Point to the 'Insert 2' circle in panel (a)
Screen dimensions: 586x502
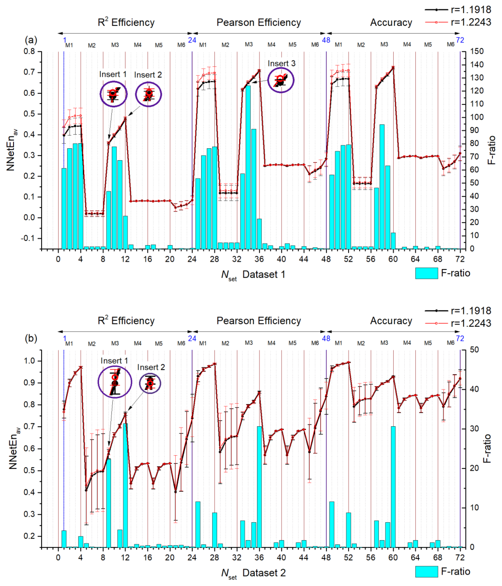pyautogui.click(x=148, y=94)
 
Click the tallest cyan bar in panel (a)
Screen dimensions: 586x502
pyautogui.click(x=248, y=167)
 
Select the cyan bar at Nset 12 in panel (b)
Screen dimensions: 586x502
pyautogui.click(x=125, y=485)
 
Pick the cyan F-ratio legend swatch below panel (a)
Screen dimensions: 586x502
pyautogui.click(x=426, y=273)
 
